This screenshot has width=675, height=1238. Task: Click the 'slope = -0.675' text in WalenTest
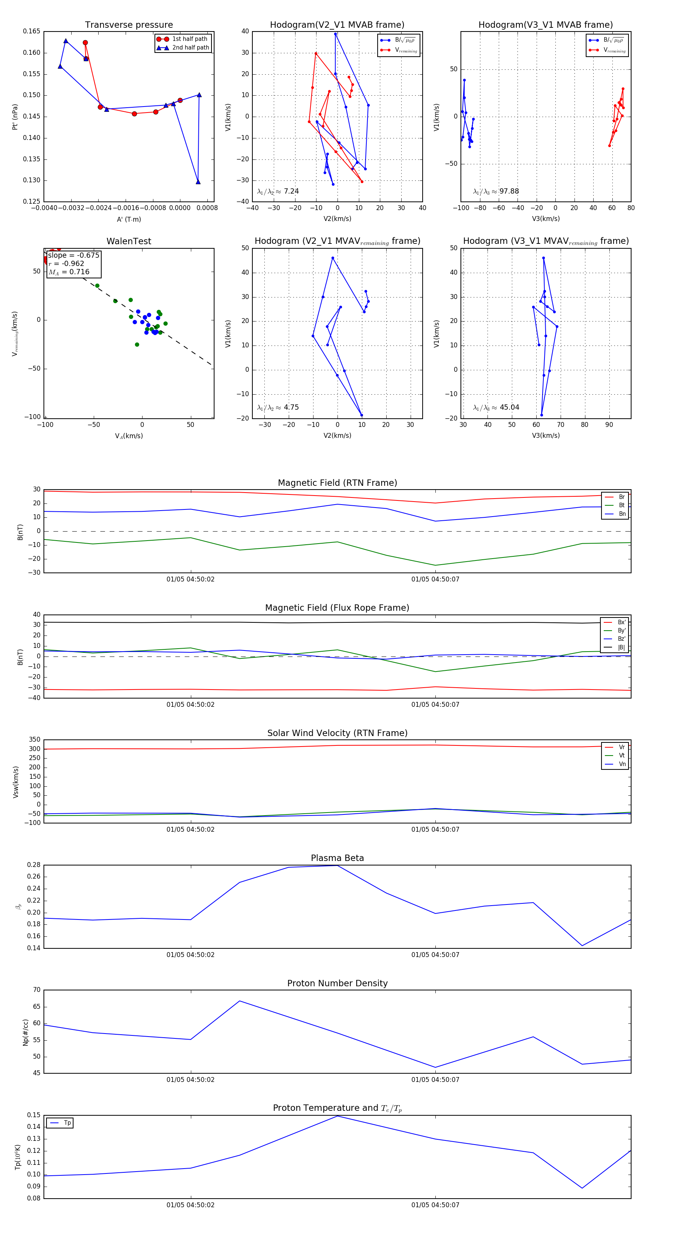[x=73, y=255]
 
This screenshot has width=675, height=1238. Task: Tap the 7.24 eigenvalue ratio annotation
[x=278, y=191]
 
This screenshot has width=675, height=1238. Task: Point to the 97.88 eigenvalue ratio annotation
[x=496, y=191]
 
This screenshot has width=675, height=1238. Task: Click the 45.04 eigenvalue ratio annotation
[x=496, y=407]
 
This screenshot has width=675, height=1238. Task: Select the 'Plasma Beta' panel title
[x=337, y=858]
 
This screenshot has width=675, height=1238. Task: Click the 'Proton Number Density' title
[x=337, y=983]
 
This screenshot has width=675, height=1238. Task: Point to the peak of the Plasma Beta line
[x=337, y=865]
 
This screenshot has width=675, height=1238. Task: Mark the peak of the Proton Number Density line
[x=240, y=1001]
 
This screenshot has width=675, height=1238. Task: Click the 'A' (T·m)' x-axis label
[x=129, y=219]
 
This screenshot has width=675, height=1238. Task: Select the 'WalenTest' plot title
[x=129, y=241]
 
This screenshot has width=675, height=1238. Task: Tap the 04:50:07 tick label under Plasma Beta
[x=435, y=955]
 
